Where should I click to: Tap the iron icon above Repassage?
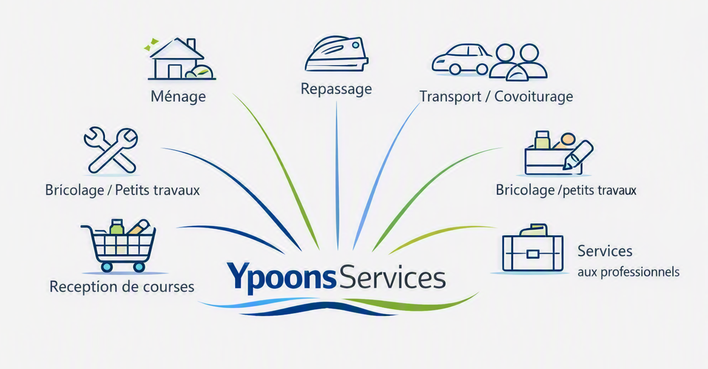tap(337, 54)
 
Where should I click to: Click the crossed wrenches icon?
tap(111, 150)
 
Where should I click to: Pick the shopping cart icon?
tap(118, 245)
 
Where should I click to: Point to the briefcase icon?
tap(533, 247)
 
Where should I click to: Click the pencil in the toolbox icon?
tap(578, 155)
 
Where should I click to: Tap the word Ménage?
tap(178, 97)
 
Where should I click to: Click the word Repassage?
tap(336, 89)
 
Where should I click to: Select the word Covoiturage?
tap(534, 97)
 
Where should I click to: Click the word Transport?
tap(450, 97)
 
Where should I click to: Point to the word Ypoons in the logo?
tap(280, 277)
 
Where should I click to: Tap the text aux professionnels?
tap(628, 272)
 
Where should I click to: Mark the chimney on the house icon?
tap(191, 45)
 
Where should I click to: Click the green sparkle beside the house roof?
tap(151, 45)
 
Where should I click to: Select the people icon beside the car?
tap(518, 62)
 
